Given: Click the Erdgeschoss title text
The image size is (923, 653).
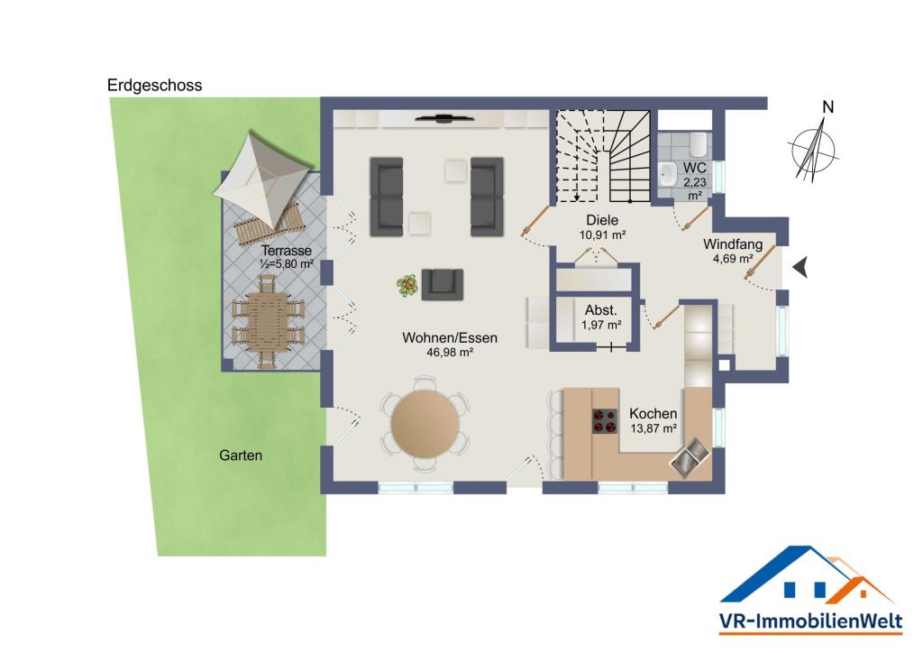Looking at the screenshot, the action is click(x=154, y=86).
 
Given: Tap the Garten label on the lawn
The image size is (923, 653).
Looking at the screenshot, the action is click(x=240, y=455).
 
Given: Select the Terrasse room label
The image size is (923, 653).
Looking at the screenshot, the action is click(x=286, y=250).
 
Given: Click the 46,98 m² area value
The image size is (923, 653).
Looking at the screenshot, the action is click(x=450, y=353).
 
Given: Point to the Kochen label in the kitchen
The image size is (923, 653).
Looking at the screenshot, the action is click(x=653, y=413).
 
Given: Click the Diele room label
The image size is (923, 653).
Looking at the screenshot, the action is click(x=602, y=220).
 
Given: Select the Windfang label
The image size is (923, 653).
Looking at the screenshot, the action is click(x=732, y=244).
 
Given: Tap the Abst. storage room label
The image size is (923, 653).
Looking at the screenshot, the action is click(x=600, y=310).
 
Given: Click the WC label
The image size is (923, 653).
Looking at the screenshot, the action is click(x=694, y=168).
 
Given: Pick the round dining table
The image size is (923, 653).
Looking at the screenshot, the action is click(x=425, y=423).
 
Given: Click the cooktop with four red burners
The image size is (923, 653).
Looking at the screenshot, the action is click(x=605, y=420).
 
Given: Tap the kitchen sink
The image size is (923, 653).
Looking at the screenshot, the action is click(x=690, y=457).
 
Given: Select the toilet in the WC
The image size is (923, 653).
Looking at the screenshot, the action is click(x=698, y=143).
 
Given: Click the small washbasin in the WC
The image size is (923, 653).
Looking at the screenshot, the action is click(x=668, y=174).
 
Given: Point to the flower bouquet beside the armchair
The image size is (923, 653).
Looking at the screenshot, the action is click(x=407, y=286).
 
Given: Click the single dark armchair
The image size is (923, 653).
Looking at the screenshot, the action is click(x=442, y=284).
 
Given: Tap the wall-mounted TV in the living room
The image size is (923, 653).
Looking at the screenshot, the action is click(x=444, y=118).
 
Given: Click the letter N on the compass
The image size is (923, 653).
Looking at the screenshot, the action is click(x=827, y=107).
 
